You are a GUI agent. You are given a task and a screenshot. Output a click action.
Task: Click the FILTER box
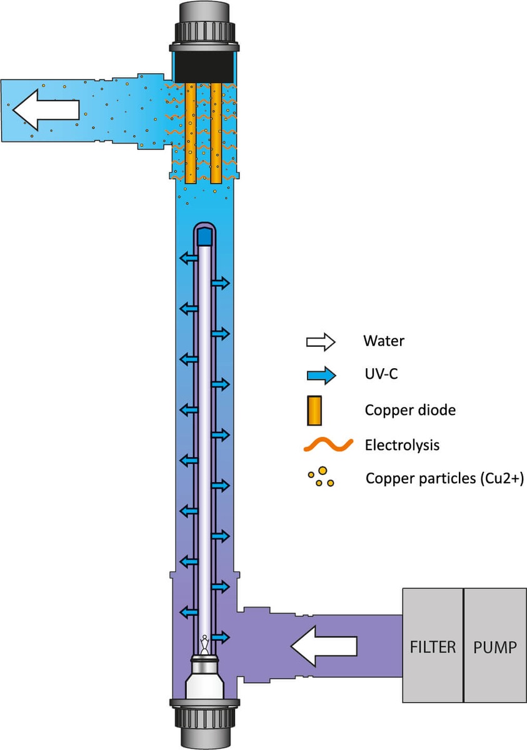432,646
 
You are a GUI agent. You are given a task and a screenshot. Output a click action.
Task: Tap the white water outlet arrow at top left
46,110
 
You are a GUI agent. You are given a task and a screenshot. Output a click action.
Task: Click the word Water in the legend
384,342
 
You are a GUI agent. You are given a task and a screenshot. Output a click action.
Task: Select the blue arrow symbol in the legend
320,376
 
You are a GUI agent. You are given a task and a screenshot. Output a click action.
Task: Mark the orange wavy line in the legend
321,445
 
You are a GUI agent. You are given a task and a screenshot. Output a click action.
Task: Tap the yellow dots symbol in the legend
321,478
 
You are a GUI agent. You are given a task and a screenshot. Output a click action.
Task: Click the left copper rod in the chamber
192,132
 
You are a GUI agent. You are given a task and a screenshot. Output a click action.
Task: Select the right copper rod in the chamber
216,132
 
